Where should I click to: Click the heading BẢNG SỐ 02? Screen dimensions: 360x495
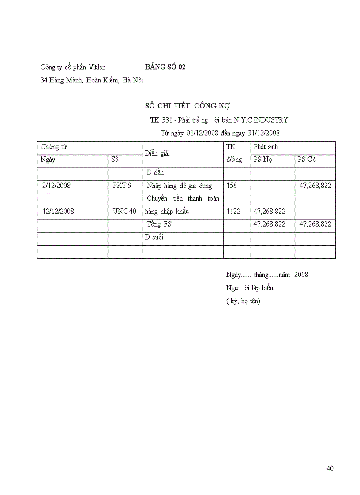click(165, 67)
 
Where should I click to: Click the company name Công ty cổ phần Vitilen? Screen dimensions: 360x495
click(73, 67)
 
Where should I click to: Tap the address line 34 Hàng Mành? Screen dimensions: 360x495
click(92, 80)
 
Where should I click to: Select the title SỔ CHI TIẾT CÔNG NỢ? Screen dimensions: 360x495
click(187, 106)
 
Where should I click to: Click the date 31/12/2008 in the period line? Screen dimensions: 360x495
click(263, 133)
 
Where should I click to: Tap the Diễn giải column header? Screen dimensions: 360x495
click(157, 153)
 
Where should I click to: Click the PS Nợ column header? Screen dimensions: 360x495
click(263, 160)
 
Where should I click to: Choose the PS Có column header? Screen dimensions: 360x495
click(307, 160)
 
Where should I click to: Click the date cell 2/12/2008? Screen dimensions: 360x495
click(56, 186)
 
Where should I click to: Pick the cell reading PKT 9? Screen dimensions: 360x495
click(122, 186)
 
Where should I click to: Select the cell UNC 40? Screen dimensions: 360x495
click(124, 211)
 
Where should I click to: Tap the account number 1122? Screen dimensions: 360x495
click(233, 211)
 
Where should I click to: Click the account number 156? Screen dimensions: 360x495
click(231, 186)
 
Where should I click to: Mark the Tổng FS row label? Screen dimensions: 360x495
click(159, 224)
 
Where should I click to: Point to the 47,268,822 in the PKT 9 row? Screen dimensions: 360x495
click(315, 186)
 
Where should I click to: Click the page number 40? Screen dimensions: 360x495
click(330, 469)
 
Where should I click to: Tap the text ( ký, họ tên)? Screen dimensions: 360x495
click(243, 301)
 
